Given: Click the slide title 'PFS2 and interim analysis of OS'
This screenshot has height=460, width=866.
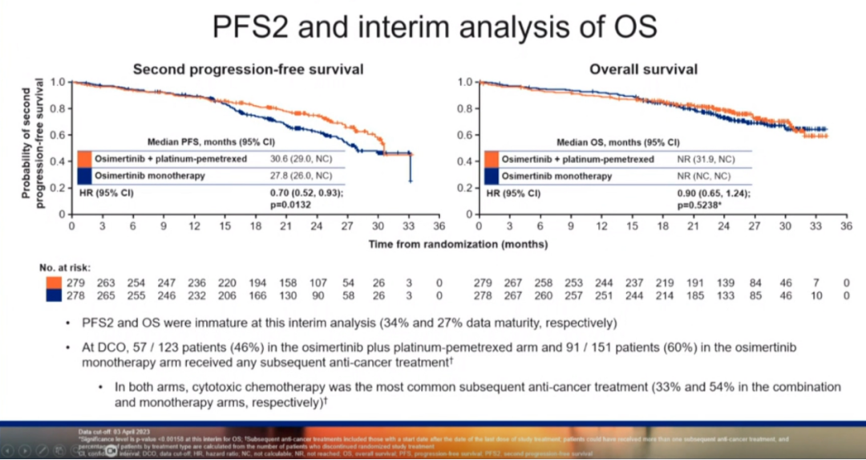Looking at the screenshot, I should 434,26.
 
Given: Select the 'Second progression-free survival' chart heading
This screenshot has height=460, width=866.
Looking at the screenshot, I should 248,70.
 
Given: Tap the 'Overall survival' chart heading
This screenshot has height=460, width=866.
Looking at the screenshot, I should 643,70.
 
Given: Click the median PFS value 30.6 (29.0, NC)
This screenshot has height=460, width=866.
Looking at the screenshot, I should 301,159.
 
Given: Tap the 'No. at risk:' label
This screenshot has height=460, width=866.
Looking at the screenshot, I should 65,267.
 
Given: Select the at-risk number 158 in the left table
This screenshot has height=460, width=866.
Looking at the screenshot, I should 287,283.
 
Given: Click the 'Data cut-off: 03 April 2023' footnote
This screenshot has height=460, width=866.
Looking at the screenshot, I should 111,432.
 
